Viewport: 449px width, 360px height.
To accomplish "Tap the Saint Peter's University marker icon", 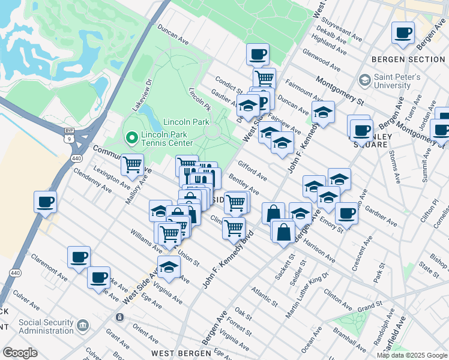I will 364,80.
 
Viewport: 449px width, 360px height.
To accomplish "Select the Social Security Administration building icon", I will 82,326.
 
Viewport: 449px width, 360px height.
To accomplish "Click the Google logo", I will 20,353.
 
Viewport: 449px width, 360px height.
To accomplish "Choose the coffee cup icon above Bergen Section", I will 403,33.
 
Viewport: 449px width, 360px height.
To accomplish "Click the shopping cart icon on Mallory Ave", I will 132,164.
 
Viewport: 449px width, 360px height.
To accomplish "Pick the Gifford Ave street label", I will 252,170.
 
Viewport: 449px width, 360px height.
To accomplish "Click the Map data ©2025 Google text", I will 412,355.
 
